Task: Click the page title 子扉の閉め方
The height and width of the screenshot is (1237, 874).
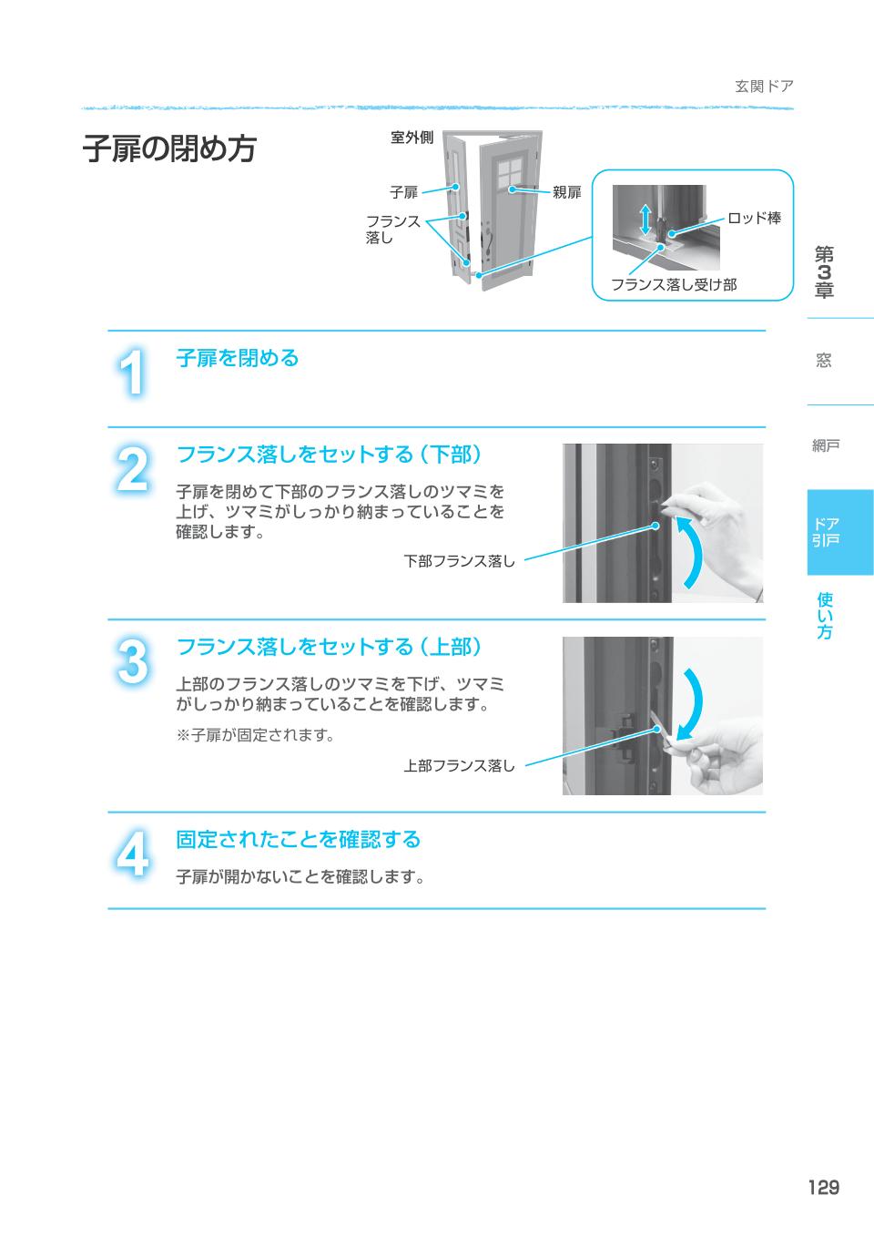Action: (x=169, y=149)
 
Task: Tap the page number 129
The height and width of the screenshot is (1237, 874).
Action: (x=822, y=1187)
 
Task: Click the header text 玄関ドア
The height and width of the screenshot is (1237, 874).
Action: (x=764, y=87)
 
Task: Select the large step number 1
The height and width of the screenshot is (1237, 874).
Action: (x=134, y=373)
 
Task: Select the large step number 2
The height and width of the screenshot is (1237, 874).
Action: (x=134, y=471)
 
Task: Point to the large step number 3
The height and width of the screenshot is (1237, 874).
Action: (x=134, y=662)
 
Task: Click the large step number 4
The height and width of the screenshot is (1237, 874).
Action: (x=134, y=855)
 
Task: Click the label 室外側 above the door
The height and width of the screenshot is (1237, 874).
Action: (x=412, y=138)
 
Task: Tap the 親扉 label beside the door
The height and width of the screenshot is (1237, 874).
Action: (x=566, y=192)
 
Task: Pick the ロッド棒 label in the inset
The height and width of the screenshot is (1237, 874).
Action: (x=754, y=219)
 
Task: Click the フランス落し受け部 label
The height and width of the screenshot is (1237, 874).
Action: (x=673, y=284)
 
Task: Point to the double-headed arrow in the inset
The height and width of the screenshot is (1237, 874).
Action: (x=645, y=220)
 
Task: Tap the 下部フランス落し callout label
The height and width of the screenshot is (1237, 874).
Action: (x=459, y=561)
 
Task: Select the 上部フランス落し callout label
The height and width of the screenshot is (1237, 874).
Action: (x=459, y=766)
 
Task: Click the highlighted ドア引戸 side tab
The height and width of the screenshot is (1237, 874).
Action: (x=826, y=532)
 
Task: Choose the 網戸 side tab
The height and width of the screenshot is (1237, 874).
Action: (x=826, y=445)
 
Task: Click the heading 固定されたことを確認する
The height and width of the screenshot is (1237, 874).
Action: (x=298, y=839)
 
